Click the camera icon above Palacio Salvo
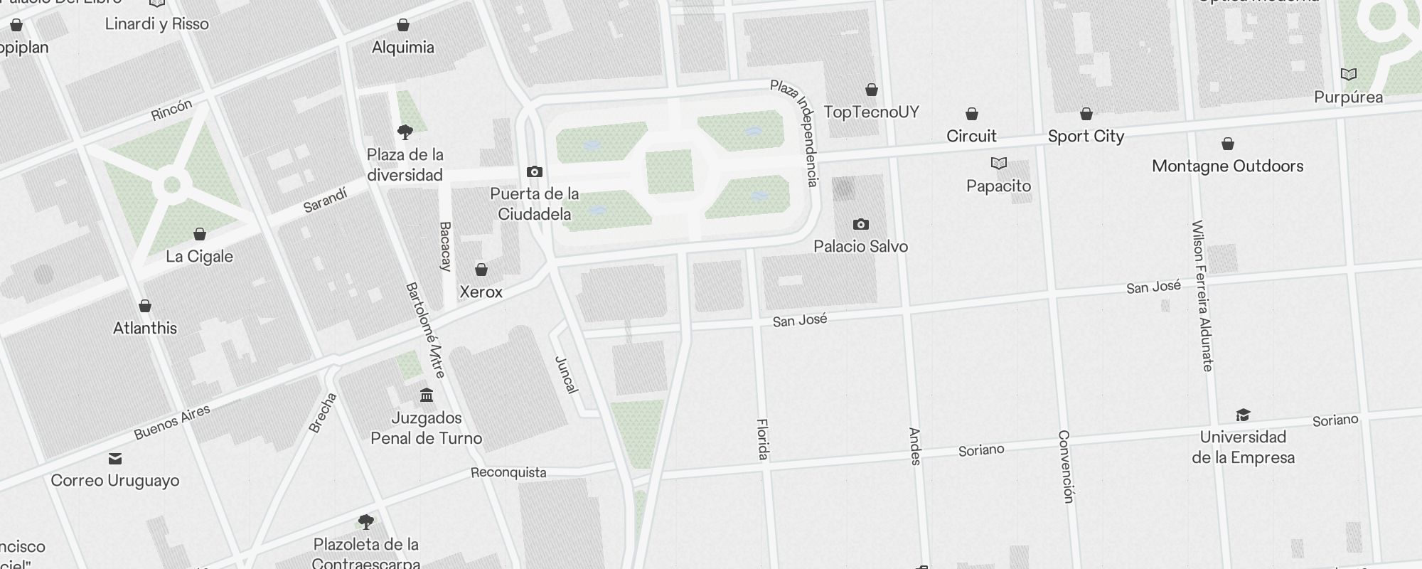[x=860, y=225]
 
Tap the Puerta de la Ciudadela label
[x=535, y=204]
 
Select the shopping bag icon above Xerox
[x=481, y=270]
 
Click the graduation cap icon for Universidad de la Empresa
[x=1243, y=415]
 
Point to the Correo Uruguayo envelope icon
[x=115, y=459]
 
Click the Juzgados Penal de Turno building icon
[x=427, y=395]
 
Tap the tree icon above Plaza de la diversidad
[x=405, y=132]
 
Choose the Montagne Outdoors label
[x=1227, y=166]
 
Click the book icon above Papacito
[x=999, y=164]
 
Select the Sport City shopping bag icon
[x=1086, y=114]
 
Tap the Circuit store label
[x=971, y=136]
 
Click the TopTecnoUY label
[x=871, y=112]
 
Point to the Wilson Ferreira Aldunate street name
[x=1202, y=295]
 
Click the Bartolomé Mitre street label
[x=424, y=330]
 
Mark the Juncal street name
[x=566, y=374]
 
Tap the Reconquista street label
[x=508, y=472]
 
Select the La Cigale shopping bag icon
[x=200, y=234]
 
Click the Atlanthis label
[x=145, y=328]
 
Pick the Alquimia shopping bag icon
[x=403, y=26]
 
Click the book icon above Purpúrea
[x=1348, y=75]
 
